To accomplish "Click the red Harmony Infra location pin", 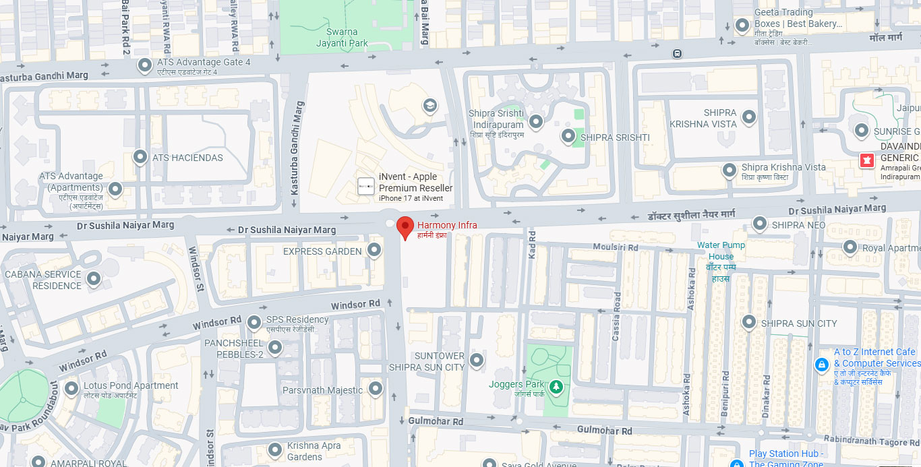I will [405, 227].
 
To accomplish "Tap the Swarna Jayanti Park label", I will [342, 38].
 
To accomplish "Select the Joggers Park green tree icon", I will [556, 386].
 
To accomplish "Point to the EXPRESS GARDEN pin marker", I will [376, 251].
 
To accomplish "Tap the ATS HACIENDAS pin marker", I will [140, 157].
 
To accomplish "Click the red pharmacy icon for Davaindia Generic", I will [866, 160].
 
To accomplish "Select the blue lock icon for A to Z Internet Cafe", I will [821, 365].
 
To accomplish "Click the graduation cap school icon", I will [429, 105].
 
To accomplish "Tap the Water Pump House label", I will [721, 251].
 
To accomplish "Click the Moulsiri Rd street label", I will [615, 247].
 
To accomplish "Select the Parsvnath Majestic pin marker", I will [376, 389].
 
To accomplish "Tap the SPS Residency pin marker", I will [254, 323].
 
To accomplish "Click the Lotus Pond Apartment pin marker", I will [71, 389].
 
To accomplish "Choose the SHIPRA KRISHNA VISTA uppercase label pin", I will [748, 117].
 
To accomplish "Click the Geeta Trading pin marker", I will [742, 26].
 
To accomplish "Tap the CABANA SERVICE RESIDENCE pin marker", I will [94, 278].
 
